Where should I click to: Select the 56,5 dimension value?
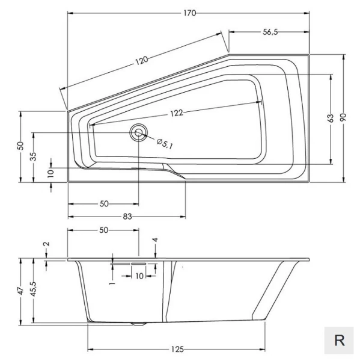click(270, 34)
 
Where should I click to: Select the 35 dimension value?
click(34, 156)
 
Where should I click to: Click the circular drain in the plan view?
click(139, 133)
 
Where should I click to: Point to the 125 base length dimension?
click(177, 349)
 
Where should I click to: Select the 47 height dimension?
click(21, 291)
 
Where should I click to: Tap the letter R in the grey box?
click(340, 340)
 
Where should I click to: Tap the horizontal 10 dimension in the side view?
click(139, 276)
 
